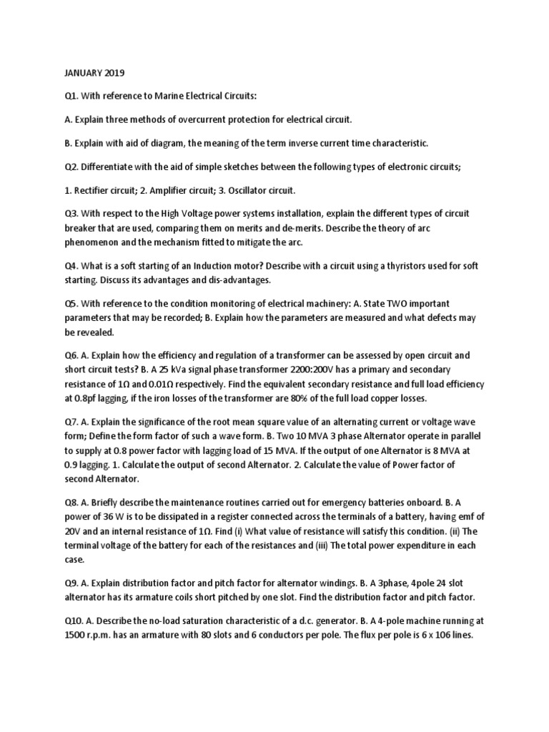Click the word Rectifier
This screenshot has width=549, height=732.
click(96, 191)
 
